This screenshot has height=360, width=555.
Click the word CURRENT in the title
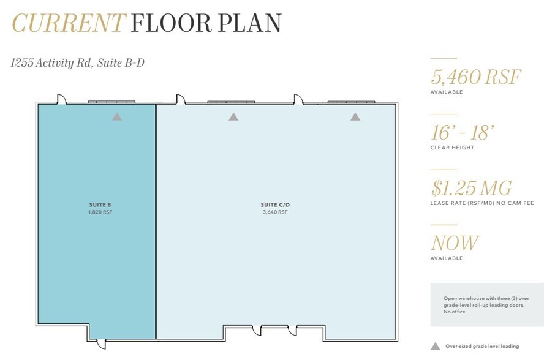click(68, 23)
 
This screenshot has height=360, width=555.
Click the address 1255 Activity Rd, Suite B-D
click(77, 62)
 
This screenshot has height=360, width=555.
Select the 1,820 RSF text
click(100, 212)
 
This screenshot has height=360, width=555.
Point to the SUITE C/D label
click(274, 204)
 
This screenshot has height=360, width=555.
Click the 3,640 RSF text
click(274, 212)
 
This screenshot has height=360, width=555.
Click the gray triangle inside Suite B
click(116, 116)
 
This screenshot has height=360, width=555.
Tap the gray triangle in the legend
click(435, 347)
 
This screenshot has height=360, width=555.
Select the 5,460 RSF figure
click(476, 77)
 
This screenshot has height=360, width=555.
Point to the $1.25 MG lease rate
click(471, 188)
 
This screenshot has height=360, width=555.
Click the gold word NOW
click(455, 243)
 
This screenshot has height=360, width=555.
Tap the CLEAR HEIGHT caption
click(452, 148)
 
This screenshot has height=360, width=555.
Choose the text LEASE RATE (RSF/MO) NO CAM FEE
click(482, 203)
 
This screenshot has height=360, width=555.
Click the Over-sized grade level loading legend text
click(481, 347)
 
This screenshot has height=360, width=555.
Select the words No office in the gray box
click(455, 312)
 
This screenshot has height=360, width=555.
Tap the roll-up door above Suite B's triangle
click(111, 102)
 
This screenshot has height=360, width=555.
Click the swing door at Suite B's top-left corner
click(61, 99)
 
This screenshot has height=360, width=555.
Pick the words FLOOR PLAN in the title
click(206, 23)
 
